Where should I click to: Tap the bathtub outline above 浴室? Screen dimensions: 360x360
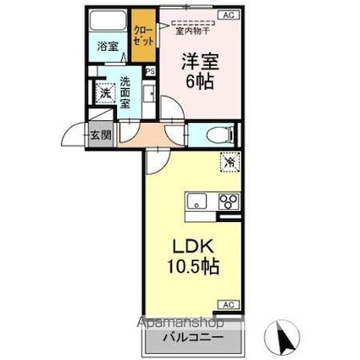coord(108,24)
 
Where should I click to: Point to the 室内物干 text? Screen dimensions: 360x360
coord(192,30)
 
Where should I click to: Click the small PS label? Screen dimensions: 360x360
coord(150,71)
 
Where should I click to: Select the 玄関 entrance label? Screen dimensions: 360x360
coord(98,134)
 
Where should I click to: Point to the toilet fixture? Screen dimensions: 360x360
coord(219,134)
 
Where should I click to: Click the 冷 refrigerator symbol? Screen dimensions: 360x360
coord(228,158)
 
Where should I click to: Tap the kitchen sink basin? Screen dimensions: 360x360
coord(197,202)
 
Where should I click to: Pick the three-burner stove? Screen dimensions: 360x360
coord(228,202)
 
